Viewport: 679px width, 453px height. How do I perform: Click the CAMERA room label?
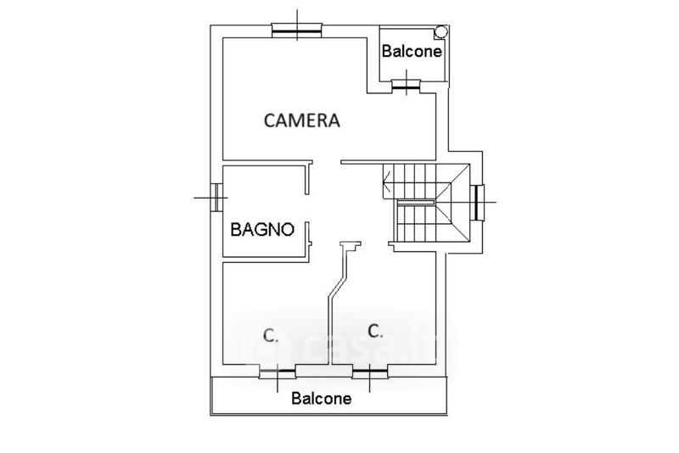[301, 120]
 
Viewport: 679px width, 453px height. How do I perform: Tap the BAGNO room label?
[262, 228]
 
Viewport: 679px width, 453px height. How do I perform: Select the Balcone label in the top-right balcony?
[412, 51]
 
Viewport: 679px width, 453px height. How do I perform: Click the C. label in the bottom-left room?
[270, 336]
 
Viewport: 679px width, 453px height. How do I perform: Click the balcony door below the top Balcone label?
[408, 82]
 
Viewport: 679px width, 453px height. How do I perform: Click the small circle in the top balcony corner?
[439, 31]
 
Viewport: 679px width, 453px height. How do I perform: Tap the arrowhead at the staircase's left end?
[387, 179]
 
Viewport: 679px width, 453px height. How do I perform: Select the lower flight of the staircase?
[416, 222]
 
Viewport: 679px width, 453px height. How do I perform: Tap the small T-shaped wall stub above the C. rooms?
[350, 245]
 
